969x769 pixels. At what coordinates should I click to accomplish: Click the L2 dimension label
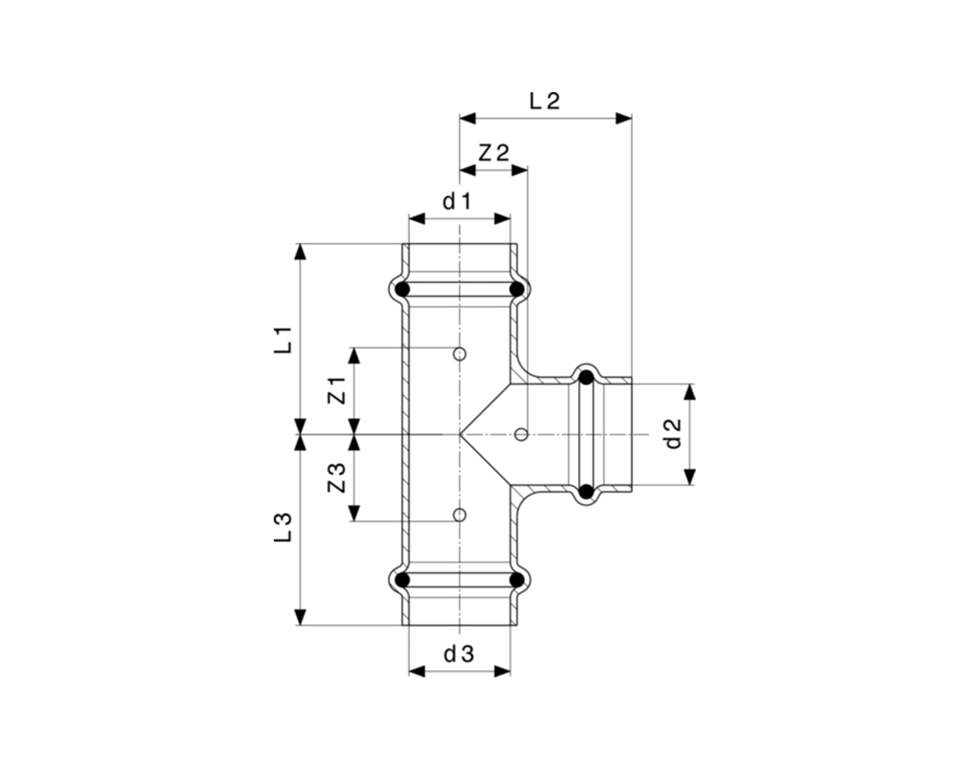[x=545, y=101]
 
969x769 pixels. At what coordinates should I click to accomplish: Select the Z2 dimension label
[x=494, y=152]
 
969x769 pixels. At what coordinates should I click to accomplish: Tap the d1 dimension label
[x=457, y=202]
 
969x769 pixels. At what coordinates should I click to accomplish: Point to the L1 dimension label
[x=283, y=340]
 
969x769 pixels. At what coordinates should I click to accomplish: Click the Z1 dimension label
[x=337, y=391]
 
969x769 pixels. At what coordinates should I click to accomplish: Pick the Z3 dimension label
[x=337, y=478]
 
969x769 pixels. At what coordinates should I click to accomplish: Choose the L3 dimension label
[x=283, y=527]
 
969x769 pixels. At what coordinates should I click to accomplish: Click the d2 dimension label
[x=675, y=434]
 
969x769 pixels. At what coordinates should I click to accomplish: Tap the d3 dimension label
[x=459, y=653]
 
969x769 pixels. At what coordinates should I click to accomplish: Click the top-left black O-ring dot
[x=403, y=289]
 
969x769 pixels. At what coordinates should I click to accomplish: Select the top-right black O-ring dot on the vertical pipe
[x=517, y=289]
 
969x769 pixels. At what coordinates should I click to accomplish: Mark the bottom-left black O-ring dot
[x=403, y=580]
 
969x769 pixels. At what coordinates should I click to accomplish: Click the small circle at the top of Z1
[x=460, y=353]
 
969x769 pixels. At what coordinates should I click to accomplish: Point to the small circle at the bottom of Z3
[x=460, y=515]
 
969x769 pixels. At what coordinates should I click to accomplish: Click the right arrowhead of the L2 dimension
[x=624, y=119]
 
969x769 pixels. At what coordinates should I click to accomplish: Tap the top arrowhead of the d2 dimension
[x=690, y=392]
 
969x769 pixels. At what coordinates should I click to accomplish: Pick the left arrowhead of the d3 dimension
[x=417, y=671]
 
